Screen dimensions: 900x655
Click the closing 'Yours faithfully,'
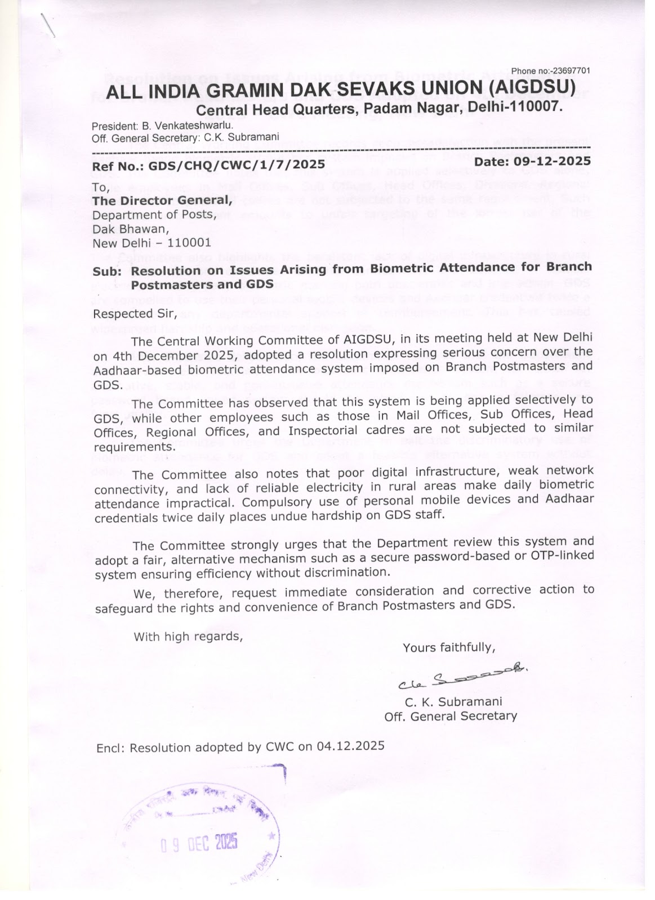pyautogui.click(x=449, y=647)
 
